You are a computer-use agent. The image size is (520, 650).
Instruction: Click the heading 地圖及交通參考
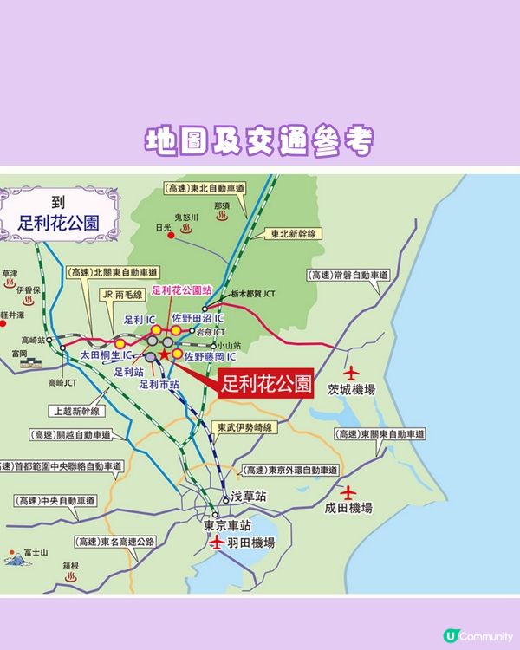(260, 141)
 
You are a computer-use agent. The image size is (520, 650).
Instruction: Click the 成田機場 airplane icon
(348, 491)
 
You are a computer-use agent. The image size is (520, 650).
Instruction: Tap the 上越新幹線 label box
(76, 413)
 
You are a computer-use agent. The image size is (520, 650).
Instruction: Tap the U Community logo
(478, 636)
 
